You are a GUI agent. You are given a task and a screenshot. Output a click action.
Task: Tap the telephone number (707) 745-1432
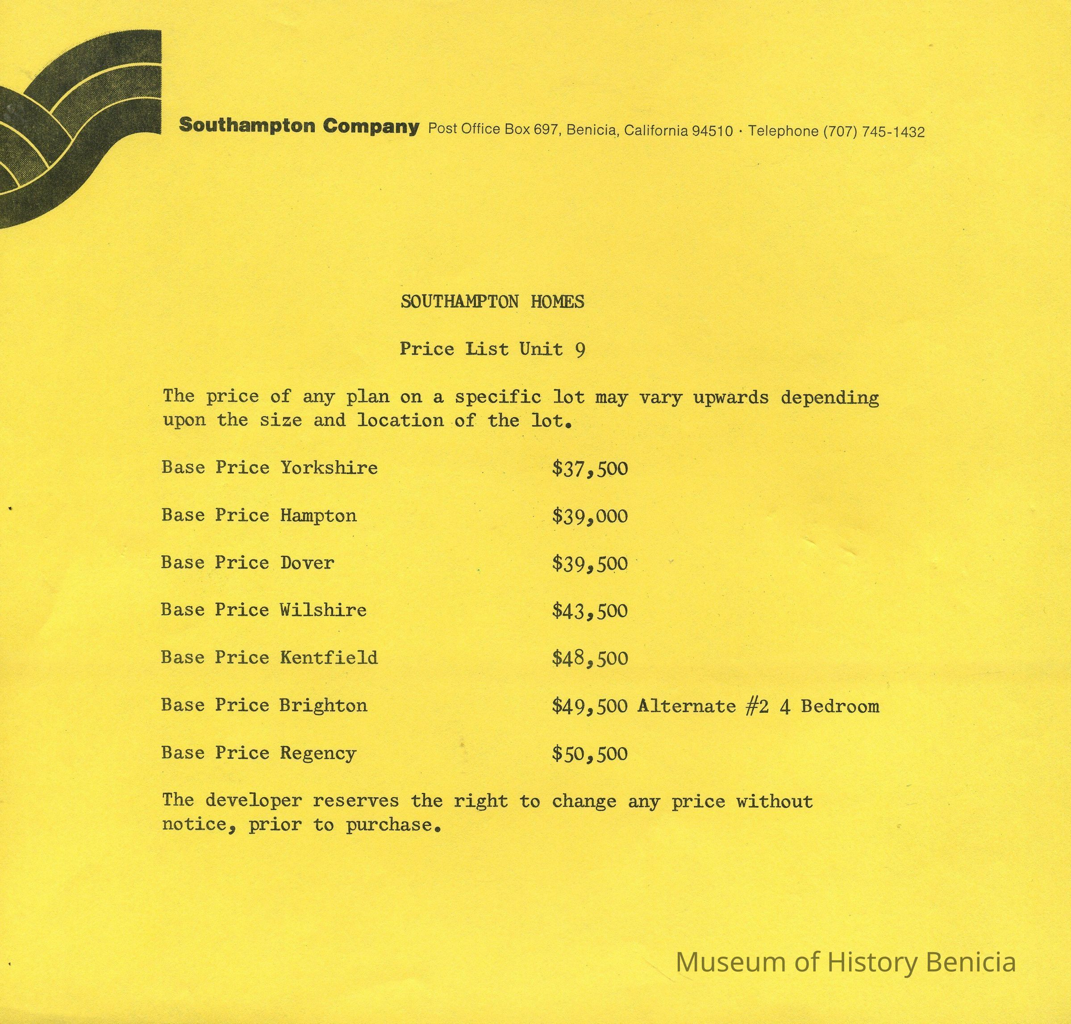[873, 132]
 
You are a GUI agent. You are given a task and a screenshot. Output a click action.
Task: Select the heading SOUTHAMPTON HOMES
[492, 301]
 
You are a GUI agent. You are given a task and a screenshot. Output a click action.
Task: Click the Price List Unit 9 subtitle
[492, 349]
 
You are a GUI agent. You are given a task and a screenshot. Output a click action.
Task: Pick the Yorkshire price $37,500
[590, 468]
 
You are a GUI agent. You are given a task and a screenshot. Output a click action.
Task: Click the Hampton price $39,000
[590, 516]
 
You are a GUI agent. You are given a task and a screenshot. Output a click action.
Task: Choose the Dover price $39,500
[590, 563]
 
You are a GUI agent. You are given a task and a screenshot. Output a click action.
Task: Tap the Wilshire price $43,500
[590, 610]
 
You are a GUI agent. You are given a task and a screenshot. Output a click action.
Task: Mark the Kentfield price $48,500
[590, 658]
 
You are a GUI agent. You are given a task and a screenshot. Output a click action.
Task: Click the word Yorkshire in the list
[329, 467]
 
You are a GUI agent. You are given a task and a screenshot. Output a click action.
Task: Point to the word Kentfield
[329, 657]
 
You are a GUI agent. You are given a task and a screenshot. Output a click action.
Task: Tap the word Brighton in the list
[323, 705]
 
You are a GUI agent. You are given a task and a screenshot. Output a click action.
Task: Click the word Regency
[318, 753]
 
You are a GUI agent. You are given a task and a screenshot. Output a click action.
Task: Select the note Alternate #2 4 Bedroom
[758, 706]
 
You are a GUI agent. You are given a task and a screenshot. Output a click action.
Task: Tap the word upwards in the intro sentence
[730, 397]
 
